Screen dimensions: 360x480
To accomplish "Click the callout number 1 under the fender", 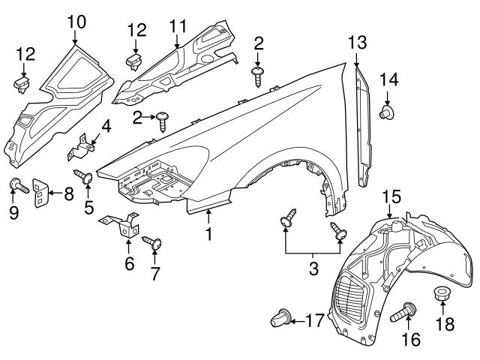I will (208, 235).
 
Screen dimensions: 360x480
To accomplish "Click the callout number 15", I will (391, 197).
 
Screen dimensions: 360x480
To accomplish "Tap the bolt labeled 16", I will (407, 309).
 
